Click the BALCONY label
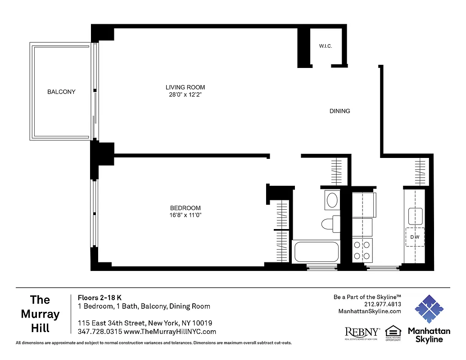(61, 92)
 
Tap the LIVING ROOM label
(185, 87)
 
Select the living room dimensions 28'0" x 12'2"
(185, 95)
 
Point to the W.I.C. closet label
(326, 46)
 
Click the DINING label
(339, 111)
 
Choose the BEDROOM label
(185, 208)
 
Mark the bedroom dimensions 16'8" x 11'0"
(185, 215)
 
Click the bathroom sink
(332, 200)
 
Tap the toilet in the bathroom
(330, 223)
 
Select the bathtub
(316, 252)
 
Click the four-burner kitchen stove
(362, 250)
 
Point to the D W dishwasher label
(415, 237)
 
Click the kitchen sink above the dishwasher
(415, 216)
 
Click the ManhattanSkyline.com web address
(369, 311)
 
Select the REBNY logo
(362, 333)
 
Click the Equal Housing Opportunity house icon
(393, 331)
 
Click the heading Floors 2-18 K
(100, 297)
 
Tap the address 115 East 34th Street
(145, 323)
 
